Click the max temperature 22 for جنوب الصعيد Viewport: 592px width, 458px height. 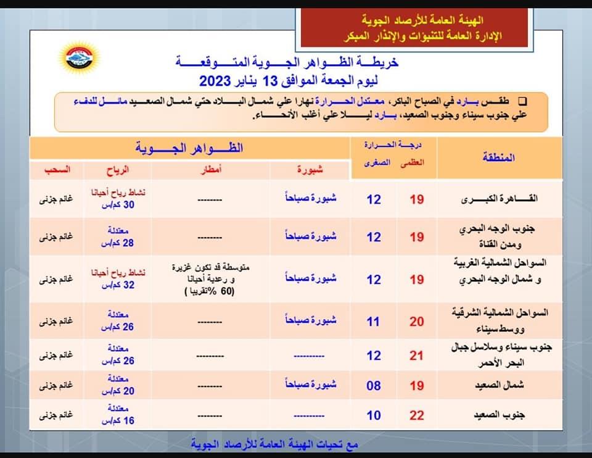(x=417, y=415)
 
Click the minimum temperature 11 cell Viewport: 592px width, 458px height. (x=374, y=322)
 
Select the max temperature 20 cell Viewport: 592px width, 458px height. (x=417, y=322)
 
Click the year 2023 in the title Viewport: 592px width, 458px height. (x=215, y=81)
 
